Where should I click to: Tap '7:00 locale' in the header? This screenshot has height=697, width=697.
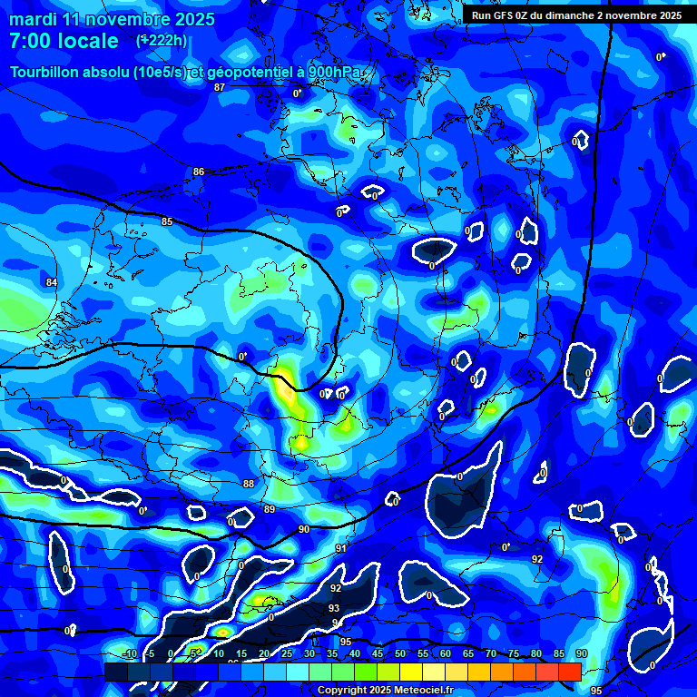pos(64,41)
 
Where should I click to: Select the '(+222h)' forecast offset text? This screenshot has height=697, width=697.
pos(162,40)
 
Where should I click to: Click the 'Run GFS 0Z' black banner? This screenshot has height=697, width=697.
pos(576,15)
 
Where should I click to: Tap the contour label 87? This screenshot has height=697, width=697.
pos(219,87)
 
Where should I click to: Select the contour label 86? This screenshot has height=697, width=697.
pos(199,172)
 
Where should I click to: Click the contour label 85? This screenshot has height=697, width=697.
pos(167,221)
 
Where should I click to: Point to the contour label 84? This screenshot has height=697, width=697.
pos(52,282)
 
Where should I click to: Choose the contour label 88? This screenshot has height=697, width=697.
pos(249,484)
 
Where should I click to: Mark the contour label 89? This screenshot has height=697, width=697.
pos(269,509)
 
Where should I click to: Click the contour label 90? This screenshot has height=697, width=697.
pos(303,529)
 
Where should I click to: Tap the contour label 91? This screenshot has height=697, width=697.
pos(340,548)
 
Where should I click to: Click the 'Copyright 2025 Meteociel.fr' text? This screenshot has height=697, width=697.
pos(385,691)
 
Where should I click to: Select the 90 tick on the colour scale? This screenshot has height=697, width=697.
pos(581,653)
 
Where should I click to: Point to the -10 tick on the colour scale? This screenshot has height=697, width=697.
pos(128,653)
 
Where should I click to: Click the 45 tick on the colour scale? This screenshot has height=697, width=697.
pos(377,653)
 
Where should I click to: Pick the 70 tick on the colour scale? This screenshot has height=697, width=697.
pos(490,653)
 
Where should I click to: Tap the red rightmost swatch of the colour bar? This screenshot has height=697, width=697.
pos(569,672)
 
